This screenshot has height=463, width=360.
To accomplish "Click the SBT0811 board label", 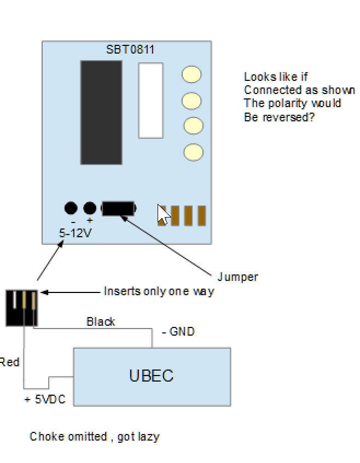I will pos(130,50).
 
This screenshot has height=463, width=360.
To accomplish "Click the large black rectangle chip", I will pos(101,112).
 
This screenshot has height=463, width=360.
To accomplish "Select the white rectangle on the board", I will pos(150,101).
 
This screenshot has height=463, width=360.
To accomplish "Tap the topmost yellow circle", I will pos(191,75).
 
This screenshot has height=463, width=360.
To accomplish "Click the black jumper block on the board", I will pos(118,208).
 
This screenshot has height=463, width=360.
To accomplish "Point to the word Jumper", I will pos(237,277).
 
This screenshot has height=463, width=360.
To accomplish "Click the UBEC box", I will pos(152,377).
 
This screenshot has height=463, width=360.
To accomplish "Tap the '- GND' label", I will pos(178,331).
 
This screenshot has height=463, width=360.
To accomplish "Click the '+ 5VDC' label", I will pos(45,400).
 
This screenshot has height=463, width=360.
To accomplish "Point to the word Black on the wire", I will pos(101,321).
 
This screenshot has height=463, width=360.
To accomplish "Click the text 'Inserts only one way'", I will pos(159,291).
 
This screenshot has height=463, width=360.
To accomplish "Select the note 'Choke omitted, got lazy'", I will pos(94,436).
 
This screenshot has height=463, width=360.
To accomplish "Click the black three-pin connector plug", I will pos(22,308).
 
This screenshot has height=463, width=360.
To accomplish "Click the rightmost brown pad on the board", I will pos(201,215).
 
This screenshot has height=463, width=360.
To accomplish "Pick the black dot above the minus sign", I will pos(71,208).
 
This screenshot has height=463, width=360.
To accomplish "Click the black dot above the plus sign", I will pos(90,208).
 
